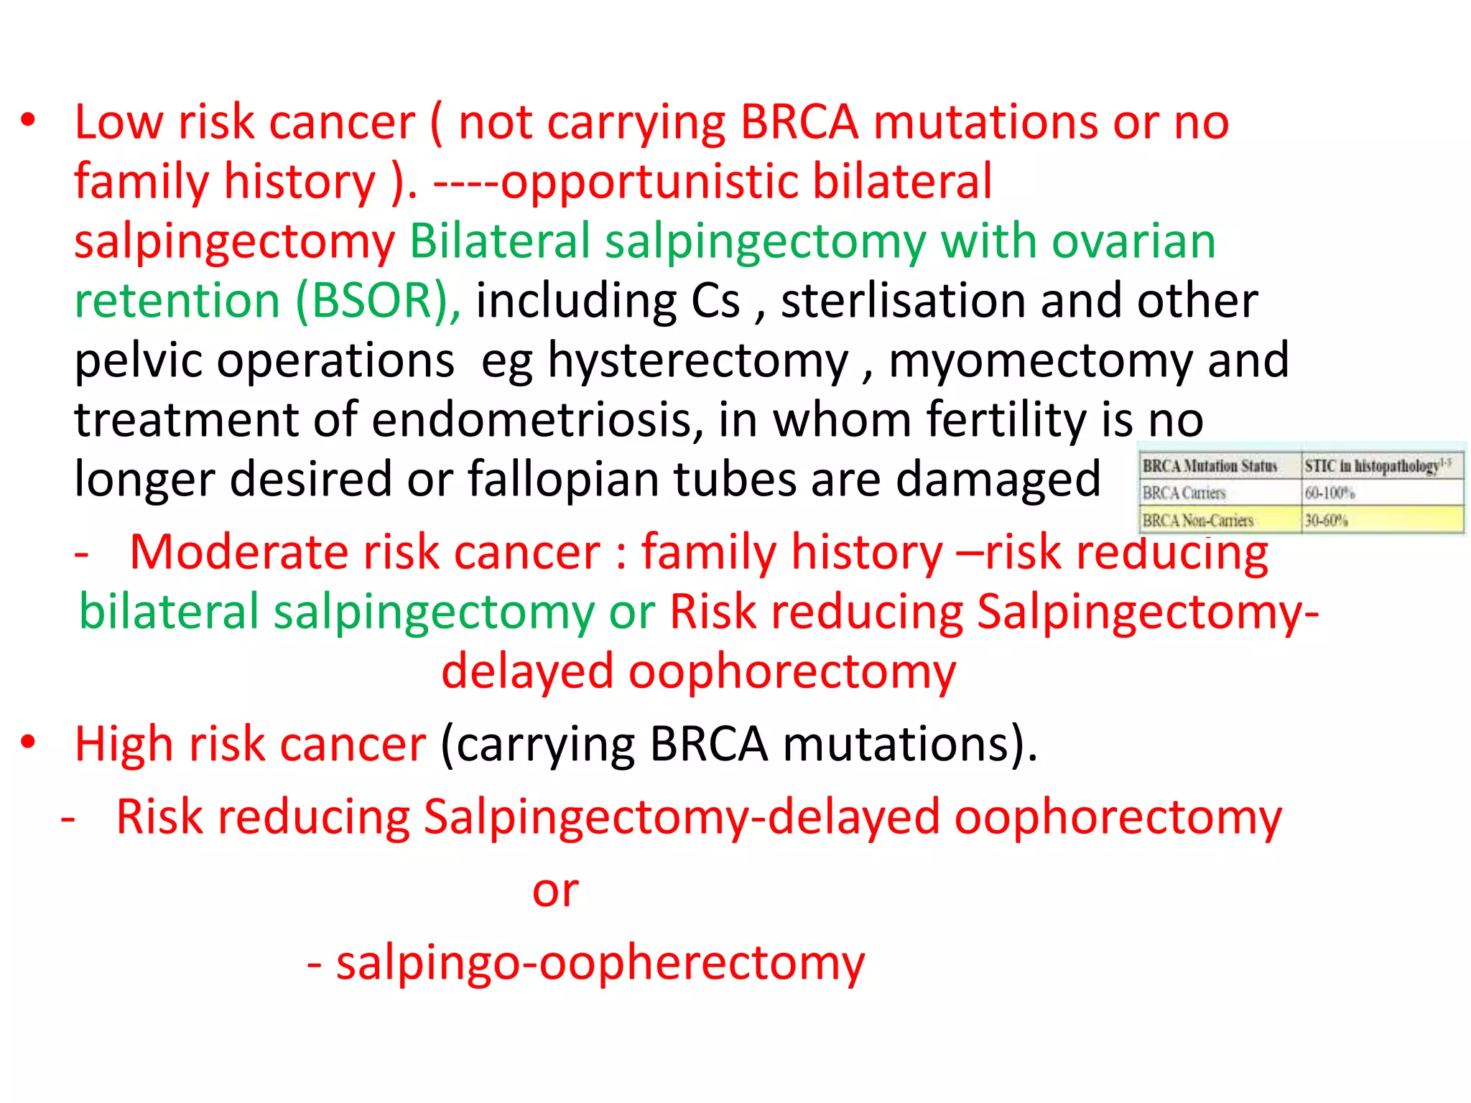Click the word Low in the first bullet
pyautogui.click(x=119, y=122)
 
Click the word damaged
pyautogui.click(x=998, y=479)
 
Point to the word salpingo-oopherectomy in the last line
pyautogui.click(x=600, y=963)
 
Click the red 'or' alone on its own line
pyautogui.click(x=555, y=890)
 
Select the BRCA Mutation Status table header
pyautogui.click(x=1210, y=466)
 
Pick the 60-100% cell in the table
pyautogui.click(x=1330, y=493)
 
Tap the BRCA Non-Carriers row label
pyautogui.click(x=1197, y=520)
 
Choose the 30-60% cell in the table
pyautogui.click(x=1326, y=520)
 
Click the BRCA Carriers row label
pyautogui.click(x=1184, y=493)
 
